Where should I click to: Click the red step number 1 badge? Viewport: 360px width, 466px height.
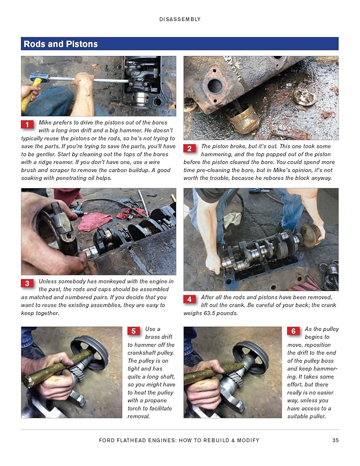[27, 124]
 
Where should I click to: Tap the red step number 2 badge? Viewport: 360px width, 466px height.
[189, 148]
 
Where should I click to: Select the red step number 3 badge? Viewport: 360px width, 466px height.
[27, 283]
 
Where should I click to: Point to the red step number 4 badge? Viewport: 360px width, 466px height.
[189, 299]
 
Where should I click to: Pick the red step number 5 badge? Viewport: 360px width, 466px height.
[133, 331]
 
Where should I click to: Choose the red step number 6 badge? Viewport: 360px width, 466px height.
[293, 331]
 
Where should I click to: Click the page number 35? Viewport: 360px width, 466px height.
[335, 440]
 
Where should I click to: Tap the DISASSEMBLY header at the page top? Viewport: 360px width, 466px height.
[180, 19]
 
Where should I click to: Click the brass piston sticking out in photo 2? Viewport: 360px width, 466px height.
[242, 119]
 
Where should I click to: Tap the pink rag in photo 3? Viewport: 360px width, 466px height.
[94, 221]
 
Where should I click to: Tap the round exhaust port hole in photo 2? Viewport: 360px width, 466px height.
[215, 86]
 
